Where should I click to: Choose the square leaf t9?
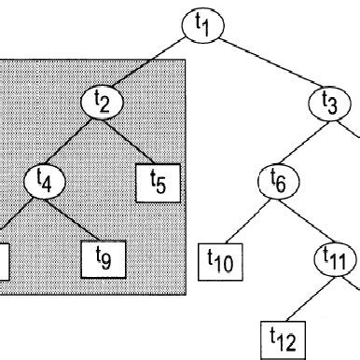[102, 256]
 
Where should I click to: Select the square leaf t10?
[220, 258]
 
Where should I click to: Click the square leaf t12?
[280, 334]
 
